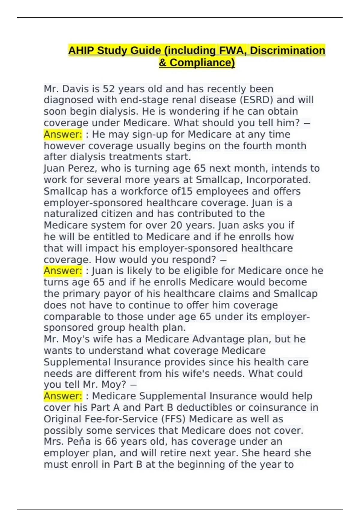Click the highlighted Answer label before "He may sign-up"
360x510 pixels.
tap(63, 134)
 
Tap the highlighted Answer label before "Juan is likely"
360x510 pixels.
tap(63, 271)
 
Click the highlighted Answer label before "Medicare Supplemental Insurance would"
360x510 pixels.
tap(63, 396)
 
